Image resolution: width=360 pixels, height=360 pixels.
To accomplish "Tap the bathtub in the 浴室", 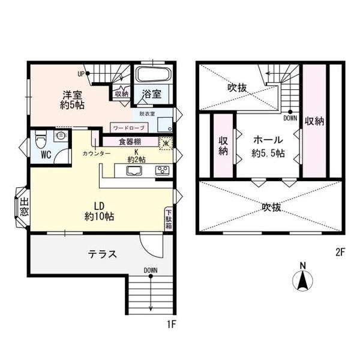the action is (154, 74).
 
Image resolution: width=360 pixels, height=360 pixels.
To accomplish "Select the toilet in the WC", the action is (41, 139).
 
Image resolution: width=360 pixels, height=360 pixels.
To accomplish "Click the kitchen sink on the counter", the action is (134, 171).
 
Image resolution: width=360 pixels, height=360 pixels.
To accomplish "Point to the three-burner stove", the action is (162, 170).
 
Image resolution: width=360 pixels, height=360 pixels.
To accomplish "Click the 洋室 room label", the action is (73, 95).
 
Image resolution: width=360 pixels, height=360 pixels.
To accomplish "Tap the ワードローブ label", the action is (129, 128).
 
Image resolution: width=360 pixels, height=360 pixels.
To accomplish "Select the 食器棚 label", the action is (130, 142).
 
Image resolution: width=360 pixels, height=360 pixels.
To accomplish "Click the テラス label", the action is (103, 254).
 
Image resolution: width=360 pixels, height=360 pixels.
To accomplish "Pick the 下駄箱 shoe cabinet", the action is (169, 219).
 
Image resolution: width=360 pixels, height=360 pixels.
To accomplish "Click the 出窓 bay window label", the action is (24, 208).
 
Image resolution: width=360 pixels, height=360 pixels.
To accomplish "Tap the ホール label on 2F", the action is (268, 140).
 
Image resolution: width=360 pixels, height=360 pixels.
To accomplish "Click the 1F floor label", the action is (171, 325).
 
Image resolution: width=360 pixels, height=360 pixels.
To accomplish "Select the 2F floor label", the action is (340, 253).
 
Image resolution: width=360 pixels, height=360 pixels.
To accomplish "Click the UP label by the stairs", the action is (81, 74).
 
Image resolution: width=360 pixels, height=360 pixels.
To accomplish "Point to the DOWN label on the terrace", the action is (151, 271).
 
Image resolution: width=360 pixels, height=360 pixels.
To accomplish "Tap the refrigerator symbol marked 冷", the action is (166, 143).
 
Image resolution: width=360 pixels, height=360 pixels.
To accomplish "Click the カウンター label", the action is (97, 154).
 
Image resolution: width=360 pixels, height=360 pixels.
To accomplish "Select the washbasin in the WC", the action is (61, 135).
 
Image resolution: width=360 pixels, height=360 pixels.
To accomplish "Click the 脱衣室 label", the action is (147, 113).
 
